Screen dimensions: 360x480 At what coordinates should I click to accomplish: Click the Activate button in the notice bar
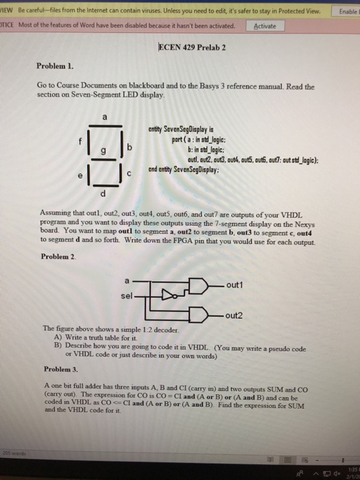point(265,27)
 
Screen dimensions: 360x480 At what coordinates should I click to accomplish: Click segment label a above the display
point(105,117)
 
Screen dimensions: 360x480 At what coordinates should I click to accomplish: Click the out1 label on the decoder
point(235,284)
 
